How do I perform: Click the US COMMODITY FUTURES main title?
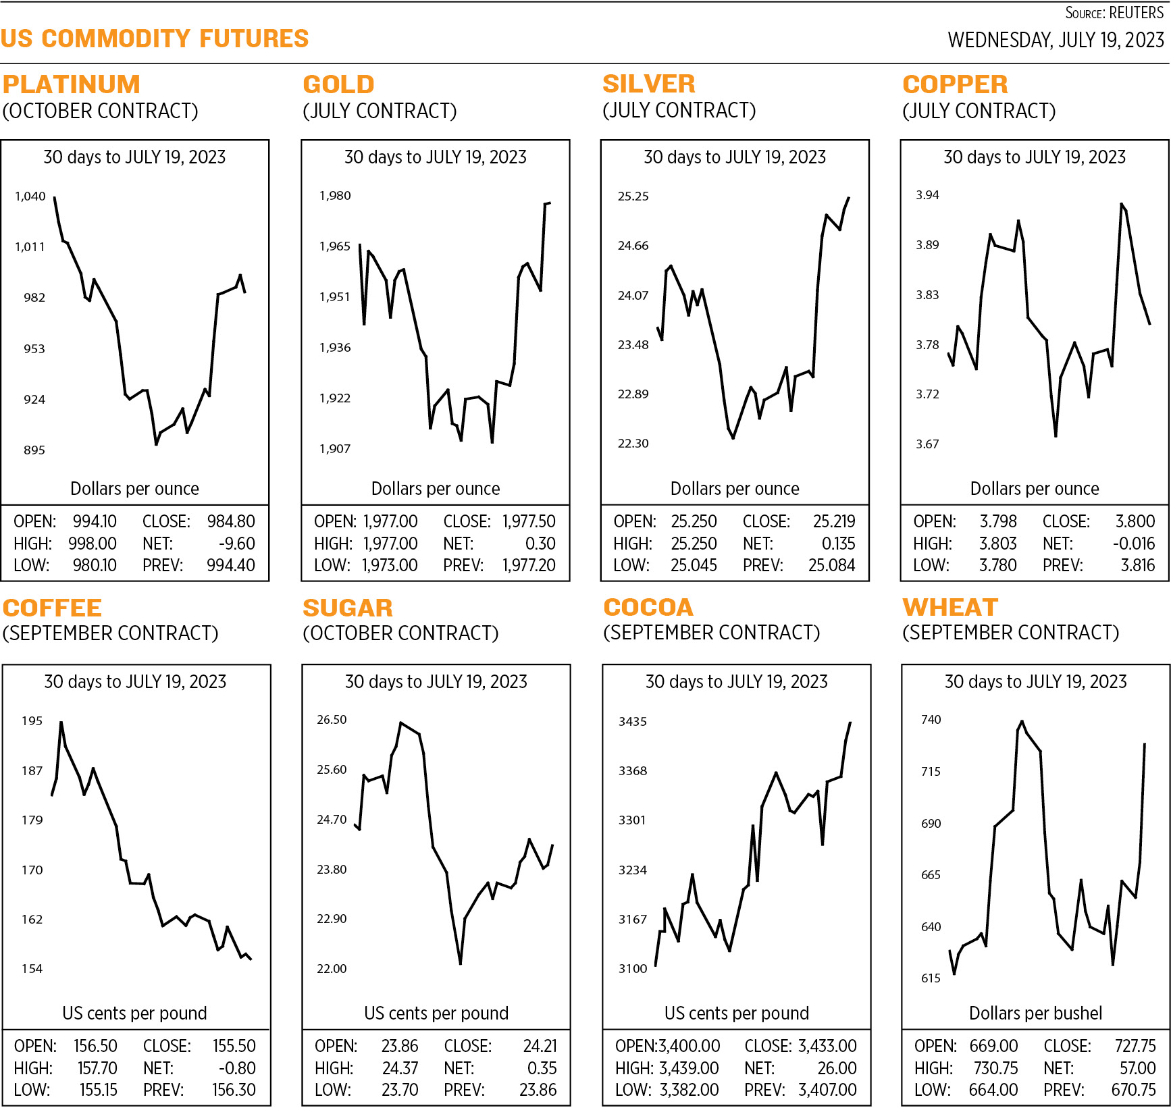pyautogui.click(x=155, y=38)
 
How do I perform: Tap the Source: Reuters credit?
pyautogui.click(x=1114, y=13)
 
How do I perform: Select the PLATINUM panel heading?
pyautogui.click(x=72, y=84)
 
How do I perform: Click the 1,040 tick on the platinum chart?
pyautogui.click(x=30, y=196)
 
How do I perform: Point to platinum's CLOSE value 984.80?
pyautogui.click(x=231, y=521)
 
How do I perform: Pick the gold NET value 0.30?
pyautogui.click(x=540, y=544)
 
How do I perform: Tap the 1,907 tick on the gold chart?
pyautogui.click(x=335, y=449)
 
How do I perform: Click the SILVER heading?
pyautogui.click(x=648, y=84)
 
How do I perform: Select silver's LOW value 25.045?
pyautogui.click(x=694, y=565)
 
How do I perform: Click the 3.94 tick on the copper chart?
pyautogui.click(x=927, y=195)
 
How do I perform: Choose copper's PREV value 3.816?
pyautogui.click(x=1138, y=565)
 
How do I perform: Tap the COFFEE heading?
pyautogui.click(x=53, y=608)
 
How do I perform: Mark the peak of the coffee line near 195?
pyautogui.click(x=61, y=723)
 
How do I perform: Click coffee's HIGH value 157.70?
pyautogui.click(x=97, y=1068)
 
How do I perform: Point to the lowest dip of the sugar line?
pyautogui.click(x=460, y=963)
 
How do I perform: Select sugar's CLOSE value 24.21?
pyautogui.click(x=540, y=1046)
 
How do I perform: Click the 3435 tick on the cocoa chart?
pyautogui.click(x=633, y=722)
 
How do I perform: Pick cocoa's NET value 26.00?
pyautogui.click(x=837, y=1068)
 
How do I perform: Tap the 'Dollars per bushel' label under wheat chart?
pyautogui.click(x=1035, y=1013)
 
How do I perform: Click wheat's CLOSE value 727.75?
pyautogui.click(x=1135, y=1046)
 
